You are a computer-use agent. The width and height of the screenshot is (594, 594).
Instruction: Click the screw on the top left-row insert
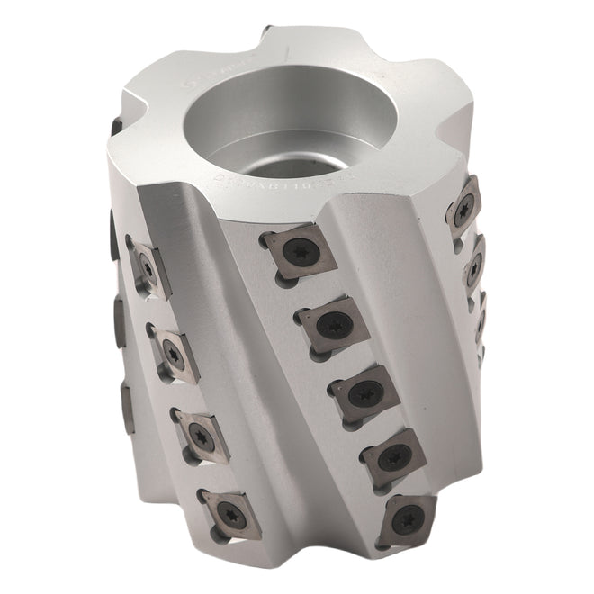(x=146, y=266)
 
